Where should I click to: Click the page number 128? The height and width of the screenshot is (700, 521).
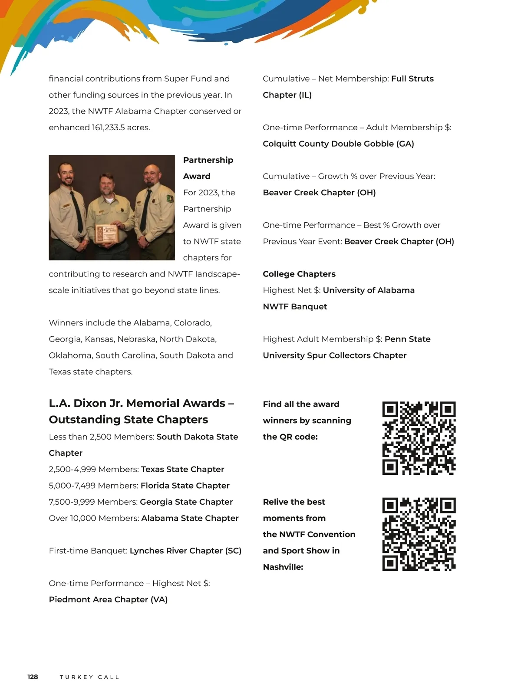tap(33, 677)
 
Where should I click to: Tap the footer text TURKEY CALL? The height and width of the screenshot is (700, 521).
tap(89, 677)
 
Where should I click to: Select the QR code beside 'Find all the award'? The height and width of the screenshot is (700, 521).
tap(419, 438)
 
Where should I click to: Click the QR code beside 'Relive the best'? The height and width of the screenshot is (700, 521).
tap(419, 534)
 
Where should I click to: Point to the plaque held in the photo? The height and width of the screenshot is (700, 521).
tap(106, 234)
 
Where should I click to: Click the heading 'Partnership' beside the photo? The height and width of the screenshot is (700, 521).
tap(208, 160)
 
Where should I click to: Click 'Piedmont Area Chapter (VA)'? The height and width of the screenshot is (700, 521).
tap(108, 599)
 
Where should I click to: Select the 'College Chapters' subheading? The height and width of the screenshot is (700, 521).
tap(299, 274)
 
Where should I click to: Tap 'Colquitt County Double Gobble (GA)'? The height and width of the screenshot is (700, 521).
tap(338, 144)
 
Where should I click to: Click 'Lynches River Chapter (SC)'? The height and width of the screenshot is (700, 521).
tap(185, 551)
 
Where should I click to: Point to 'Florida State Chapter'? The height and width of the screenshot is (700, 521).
tap(185, 486)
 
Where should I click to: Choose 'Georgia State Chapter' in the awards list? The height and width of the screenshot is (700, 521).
tap(186, 502)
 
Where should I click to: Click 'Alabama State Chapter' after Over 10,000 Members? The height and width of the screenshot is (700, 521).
tap(190, 518)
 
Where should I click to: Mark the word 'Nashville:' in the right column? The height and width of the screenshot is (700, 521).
tap(283, 567)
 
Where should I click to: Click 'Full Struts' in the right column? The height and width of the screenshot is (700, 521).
tap(412, 79)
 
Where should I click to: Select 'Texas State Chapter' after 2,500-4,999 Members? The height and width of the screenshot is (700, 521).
tap(182, 469)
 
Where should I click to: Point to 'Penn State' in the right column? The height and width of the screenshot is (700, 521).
tap(407, 339)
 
